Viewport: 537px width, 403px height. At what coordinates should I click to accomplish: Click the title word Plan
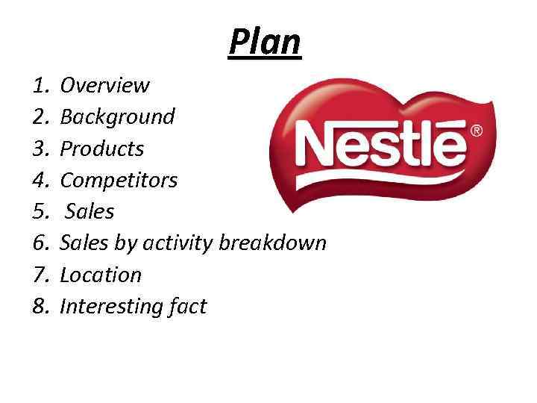click(x=265, y=42)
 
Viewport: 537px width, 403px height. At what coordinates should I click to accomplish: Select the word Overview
click(x=104, y=86)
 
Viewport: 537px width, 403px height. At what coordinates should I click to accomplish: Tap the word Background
click(x=117, y=117)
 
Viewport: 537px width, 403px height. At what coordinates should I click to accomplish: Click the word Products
click(x=101, y=149)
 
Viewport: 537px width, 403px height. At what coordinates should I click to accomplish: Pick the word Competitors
click(x=119, y=180)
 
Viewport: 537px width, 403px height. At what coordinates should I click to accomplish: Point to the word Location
click(x=101, y=275)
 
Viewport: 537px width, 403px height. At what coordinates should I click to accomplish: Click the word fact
click(x=186, y=306)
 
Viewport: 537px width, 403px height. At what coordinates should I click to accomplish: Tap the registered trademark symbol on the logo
click(x=476, y=131)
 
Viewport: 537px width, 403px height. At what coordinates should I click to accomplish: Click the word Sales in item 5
click(x=90, y=212)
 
